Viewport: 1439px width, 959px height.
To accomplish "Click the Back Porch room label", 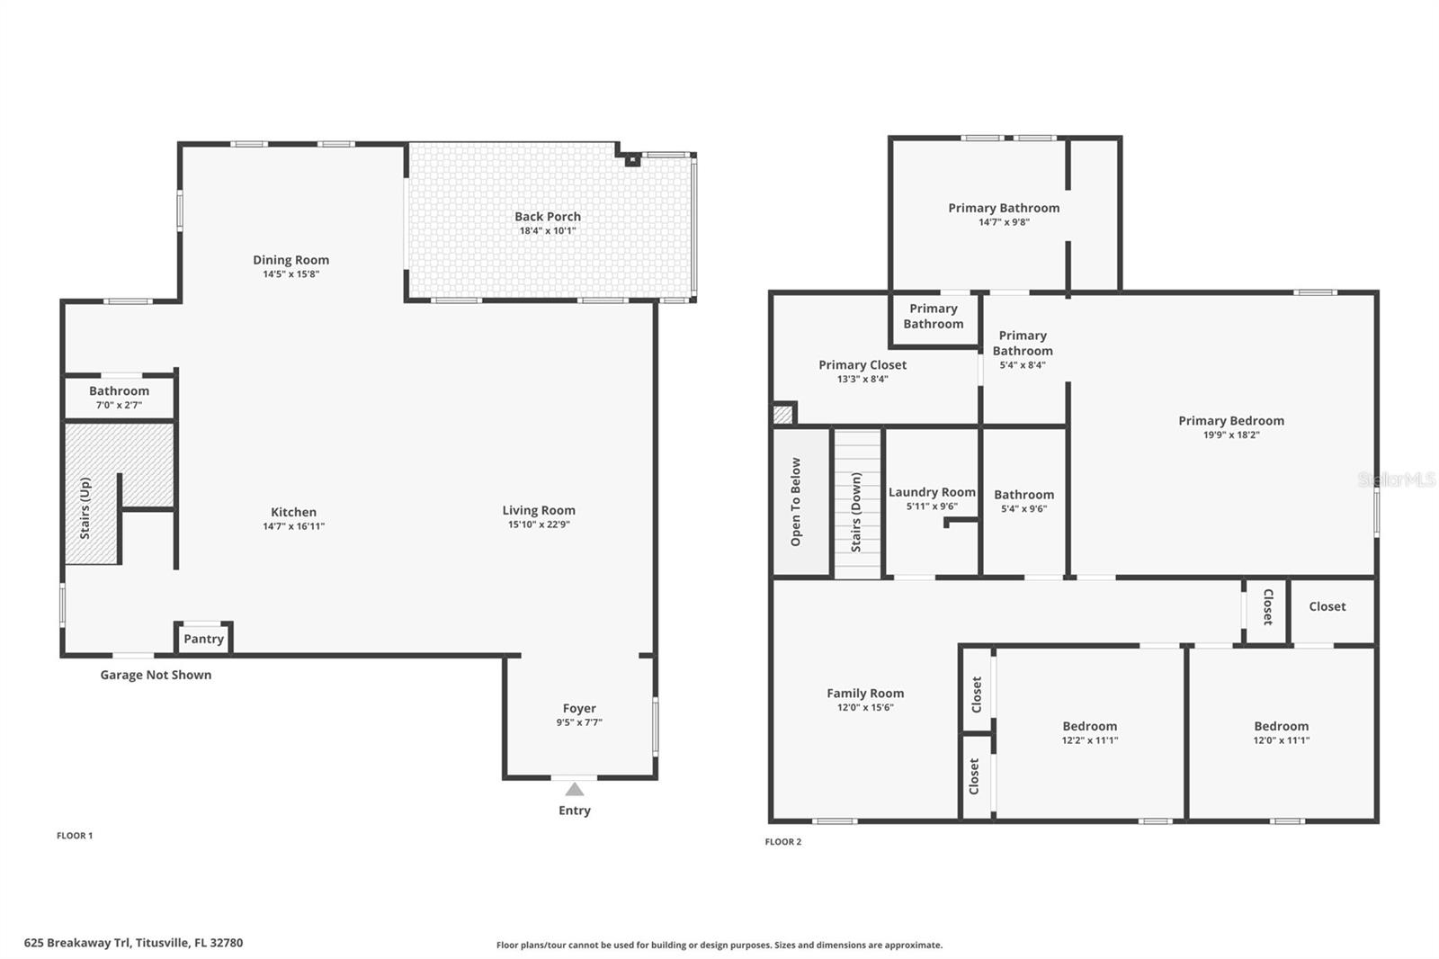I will [x=547, y=216].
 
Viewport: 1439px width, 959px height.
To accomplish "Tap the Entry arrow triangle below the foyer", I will [x=575, y=790].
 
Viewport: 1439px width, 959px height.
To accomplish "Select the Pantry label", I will [x=203, y=639].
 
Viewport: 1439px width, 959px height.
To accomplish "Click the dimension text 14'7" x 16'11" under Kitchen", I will [x=293, y=526].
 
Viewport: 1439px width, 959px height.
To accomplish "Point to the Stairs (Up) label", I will [x=85, y=508].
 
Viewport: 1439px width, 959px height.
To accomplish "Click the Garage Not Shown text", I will [x=156, y=675].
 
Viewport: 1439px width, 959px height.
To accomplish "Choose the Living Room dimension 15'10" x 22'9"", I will [x=539, y=524].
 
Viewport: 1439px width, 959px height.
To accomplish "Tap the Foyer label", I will [x=579, y=708].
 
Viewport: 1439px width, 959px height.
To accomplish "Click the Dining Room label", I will [x=290, y=260].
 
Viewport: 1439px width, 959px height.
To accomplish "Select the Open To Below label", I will [x=796, y=502].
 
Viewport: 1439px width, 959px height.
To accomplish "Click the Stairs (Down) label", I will [x=856, y=512].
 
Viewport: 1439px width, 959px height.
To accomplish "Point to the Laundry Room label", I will [x=932, y=492].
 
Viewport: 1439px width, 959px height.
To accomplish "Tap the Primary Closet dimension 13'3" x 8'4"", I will [x=863, y=380].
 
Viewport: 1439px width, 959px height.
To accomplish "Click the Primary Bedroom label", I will [x=1231, y=420].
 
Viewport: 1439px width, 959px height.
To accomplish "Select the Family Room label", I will [x=865, y=693].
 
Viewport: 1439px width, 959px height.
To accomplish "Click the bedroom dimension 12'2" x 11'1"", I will [x=1089, y=740].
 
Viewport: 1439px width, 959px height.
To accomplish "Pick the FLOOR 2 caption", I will [x=782, y=842].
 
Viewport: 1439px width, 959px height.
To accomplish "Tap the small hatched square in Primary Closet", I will [x=783, y=415].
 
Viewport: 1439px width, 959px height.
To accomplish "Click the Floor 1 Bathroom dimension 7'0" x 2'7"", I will [x=119, y=405].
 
